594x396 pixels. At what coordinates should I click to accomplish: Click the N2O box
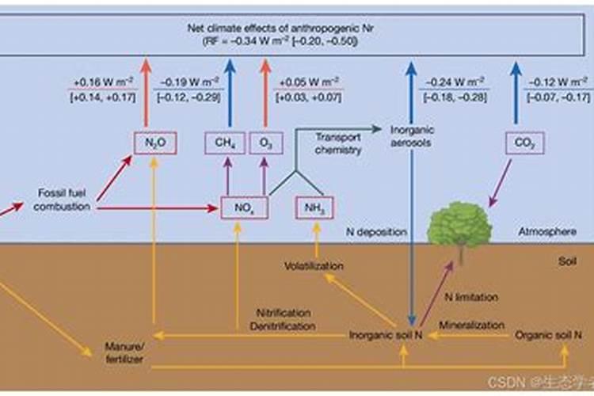coord(153,143)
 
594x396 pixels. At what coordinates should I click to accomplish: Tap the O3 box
coord(266,143)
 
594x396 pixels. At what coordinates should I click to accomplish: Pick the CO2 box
coord(519,143)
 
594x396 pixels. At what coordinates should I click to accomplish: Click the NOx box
coord(244,208)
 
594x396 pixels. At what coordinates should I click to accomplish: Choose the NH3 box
coord(314,208)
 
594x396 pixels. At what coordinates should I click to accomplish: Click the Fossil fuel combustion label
coord(64,200)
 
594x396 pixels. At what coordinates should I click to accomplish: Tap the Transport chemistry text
coord(338,143)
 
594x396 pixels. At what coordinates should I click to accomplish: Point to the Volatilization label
coord(314,266)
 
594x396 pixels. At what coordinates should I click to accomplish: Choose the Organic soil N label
coord(543,335)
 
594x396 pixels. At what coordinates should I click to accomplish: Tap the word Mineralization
coord(471,325)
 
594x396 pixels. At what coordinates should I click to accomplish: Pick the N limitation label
coord(472,297)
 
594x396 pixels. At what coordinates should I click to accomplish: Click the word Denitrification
coord(284,326)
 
